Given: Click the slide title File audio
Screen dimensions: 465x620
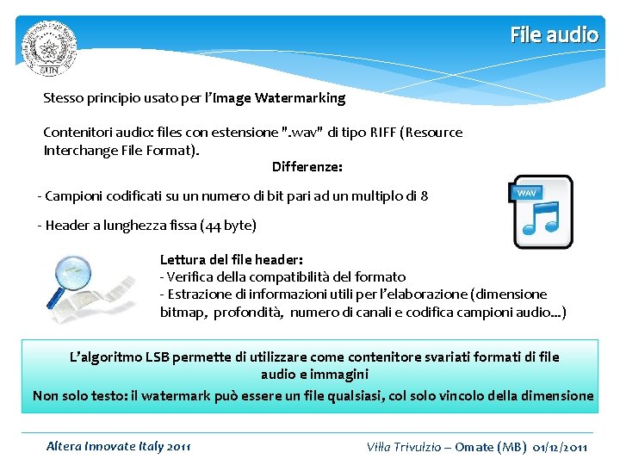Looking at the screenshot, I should tap(554, 34).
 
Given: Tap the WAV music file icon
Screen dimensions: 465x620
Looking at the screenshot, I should tap(542, 212).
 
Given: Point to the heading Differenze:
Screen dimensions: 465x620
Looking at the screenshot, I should tap(307, 166).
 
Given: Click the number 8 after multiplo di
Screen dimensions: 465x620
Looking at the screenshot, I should tap(424, 196).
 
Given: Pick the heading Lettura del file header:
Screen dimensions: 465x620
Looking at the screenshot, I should tap(231, 259).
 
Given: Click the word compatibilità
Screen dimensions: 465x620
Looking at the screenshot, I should tap(304, 276).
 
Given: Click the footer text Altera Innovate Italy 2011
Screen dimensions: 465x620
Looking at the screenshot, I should tap(119, 446).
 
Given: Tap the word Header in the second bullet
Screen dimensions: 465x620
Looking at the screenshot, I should tap(67, 226).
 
